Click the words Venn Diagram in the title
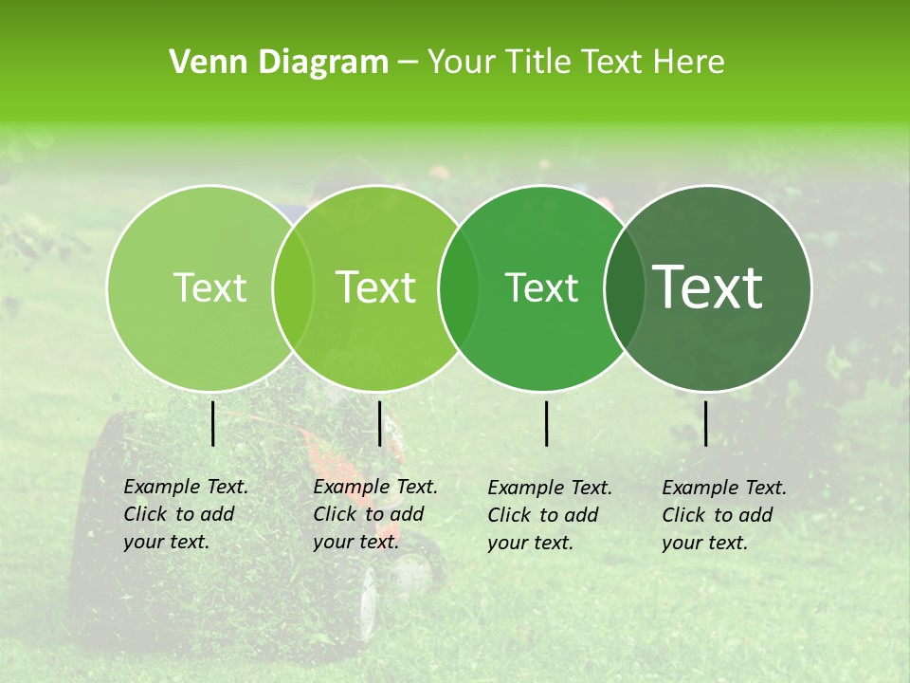click(x=279, y=63)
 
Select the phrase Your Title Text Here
click(x=575, y=63)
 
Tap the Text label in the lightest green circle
click(x=209, y=287)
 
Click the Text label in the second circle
click(x=376, y=287)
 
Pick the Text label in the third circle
click(x=541, y=287)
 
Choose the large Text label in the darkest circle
click(x=708, y=287)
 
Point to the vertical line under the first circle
click(x=212, y=423)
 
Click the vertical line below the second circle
click(x=379, y=423)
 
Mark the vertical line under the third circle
click(x=547, y=423)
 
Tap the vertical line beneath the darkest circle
click(x=705, y=423)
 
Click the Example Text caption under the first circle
click(x=186, y=514)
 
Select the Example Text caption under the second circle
click(x=375, y=514)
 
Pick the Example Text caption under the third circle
click(x=550, y=515)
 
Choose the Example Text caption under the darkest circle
click(x=724, y=515)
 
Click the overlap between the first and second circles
click(x=293, y=287)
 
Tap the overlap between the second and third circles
click(x=459, y=287)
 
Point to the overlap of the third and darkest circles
click(x=625, y=287)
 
